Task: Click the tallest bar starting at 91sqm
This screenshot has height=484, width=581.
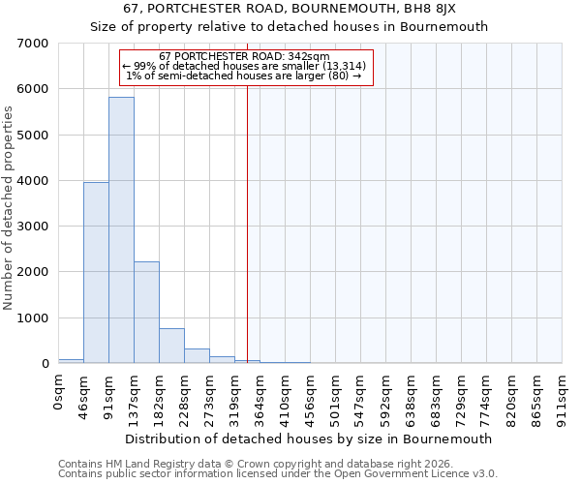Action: pos(121,230)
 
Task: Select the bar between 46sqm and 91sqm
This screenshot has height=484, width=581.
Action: pos(96,273)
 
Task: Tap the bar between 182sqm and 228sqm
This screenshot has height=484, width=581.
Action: pos(171,346)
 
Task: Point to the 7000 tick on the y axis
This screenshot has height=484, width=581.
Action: pos(35,44)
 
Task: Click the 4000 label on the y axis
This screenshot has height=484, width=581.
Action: pos(35,181)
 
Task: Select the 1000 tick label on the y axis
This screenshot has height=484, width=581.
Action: pos(35,318)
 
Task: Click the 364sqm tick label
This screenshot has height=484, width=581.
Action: pos(260,396)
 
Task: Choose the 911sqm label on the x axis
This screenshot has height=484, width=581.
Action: pos(562,396)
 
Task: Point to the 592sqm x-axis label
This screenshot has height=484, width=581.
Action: pos(386,396)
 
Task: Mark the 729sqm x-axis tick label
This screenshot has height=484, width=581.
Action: pos(461,396)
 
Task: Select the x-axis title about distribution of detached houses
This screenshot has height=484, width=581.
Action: pos(309,439)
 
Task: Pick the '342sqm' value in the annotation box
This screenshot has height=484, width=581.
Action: pos(314,56)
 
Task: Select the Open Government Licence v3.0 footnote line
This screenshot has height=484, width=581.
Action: pos(277,474)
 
